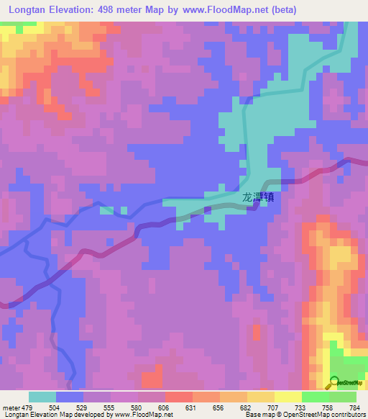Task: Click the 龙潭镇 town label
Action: (257, 197)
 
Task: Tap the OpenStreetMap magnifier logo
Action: (333, 382)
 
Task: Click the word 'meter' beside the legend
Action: (11, 407)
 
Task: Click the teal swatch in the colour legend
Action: (42, 397)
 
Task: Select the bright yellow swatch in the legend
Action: (288, 397)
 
